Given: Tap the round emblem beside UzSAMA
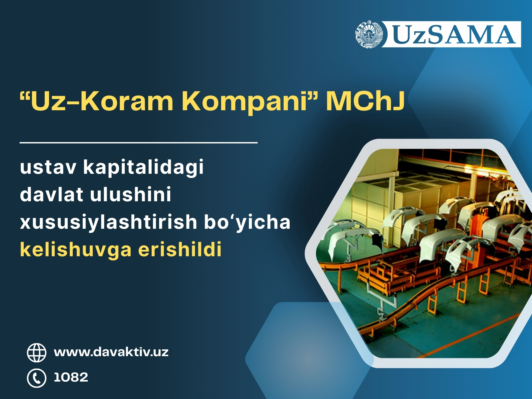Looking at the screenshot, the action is [x=369, y=34].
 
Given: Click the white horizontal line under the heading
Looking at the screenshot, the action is [x=139, y=142].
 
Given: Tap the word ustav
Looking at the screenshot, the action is [x=48, y=167].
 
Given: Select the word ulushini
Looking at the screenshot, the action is [x=131, y=194].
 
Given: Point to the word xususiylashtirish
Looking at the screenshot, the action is [x=108, y=222].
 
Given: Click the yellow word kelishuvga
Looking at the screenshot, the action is [x=76, y=250].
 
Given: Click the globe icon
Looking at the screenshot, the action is [x=37, y=353].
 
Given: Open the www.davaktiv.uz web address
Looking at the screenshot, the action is [x=111, y=352].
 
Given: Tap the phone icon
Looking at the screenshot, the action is [x=37, y=378].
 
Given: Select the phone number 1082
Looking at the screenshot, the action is [x=71, y=377].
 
